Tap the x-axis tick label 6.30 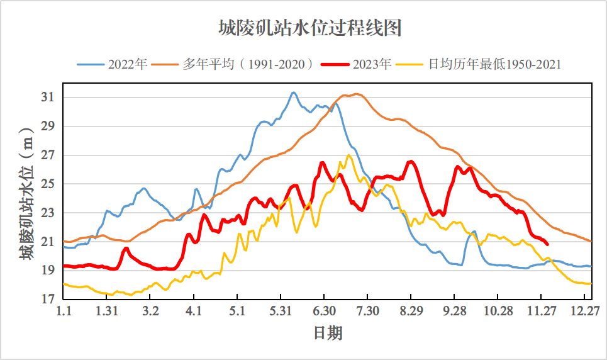323,311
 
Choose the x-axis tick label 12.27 585,311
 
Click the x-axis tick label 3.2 150,311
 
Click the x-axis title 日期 328,332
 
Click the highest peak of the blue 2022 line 293,93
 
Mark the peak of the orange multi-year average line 357,94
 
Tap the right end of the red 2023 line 547,244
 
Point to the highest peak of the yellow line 348,155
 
